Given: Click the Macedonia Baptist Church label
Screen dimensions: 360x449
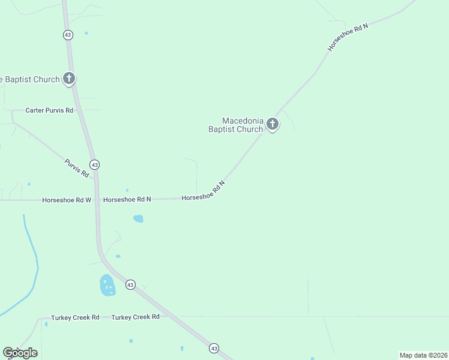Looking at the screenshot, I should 235,125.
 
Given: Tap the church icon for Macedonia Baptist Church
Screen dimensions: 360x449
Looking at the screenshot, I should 273,124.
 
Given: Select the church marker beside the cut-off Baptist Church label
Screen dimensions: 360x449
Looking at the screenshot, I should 69,78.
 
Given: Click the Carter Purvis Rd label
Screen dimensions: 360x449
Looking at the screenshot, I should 49,110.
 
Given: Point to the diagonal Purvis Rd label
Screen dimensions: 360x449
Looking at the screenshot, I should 77,167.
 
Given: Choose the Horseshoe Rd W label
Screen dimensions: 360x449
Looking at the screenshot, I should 66,199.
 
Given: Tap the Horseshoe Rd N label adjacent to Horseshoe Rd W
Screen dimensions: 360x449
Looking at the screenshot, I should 127,199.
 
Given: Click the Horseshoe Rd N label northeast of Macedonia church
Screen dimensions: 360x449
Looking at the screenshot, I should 348,37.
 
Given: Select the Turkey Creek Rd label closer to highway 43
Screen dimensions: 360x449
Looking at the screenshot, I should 136,317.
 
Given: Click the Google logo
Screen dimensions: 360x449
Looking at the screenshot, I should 20,352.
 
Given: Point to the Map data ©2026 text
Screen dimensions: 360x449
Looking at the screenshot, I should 423,355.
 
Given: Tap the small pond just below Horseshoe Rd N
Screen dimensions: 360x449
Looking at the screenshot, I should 138,218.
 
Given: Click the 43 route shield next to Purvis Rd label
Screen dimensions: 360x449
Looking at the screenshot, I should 94,164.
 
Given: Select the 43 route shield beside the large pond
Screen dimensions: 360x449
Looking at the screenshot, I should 130,284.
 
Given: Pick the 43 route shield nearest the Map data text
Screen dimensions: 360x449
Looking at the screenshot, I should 214,348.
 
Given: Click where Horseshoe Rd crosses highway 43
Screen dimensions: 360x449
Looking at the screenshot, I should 97,199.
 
